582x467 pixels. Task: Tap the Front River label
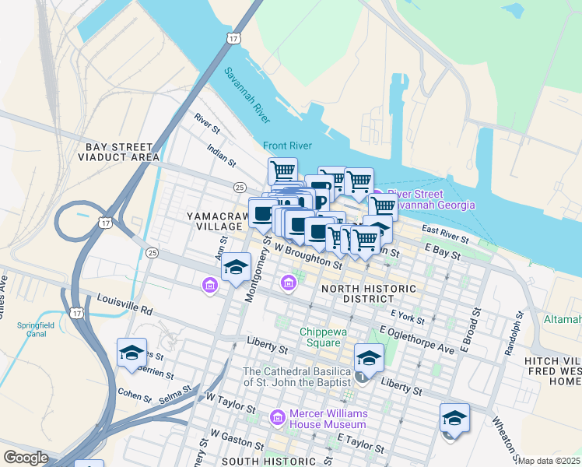(287, 146)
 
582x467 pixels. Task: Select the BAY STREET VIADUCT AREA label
(118, 152)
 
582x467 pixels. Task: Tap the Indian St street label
(221, 153)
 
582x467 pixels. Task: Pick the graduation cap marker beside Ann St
(235, 268)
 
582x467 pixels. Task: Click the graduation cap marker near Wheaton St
(454, 419)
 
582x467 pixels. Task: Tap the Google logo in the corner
(25, 458)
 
